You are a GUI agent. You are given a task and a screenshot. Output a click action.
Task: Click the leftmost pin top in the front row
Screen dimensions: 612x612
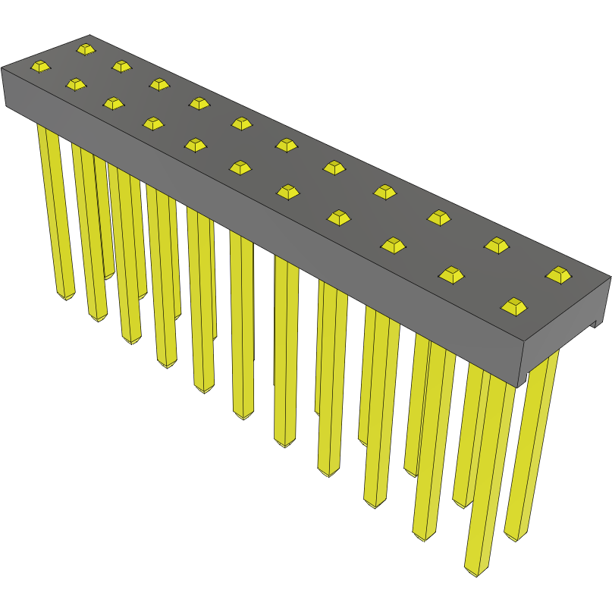pos(40,66)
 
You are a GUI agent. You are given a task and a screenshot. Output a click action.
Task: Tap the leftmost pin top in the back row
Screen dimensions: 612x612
pos(86,49)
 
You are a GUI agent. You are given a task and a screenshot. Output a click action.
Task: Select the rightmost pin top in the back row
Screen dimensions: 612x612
pos(559,275)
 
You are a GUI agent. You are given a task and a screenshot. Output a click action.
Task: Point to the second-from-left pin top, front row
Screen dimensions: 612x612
pos(76,83)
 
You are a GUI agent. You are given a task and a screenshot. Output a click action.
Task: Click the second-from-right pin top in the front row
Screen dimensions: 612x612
pos(452,275)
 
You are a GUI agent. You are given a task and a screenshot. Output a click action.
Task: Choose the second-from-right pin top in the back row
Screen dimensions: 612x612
pos(497,244)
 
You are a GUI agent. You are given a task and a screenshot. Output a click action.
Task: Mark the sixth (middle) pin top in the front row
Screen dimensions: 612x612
pos(240,167)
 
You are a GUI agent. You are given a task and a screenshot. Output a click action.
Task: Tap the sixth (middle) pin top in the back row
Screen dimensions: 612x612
pos(287,144)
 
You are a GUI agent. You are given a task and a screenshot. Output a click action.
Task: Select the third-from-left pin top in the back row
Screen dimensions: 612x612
pos(159,83)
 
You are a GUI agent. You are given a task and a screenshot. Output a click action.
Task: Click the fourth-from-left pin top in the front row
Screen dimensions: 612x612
pos(153,122)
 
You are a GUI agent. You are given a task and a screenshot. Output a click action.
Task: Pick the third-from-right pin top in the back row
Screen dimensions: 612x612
pos(439,217)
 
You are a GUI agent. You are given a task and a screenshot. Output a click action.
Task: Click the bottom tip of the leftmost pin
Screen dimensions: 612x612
pos(66,295)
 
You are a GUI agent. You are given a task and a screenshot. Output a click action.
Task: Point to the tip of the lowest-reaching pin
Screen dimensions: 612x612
pos(475,570)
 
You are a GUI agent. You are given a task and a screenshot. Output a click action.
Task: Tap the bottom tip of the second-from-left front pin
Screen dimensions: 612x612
pos(98,317)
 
